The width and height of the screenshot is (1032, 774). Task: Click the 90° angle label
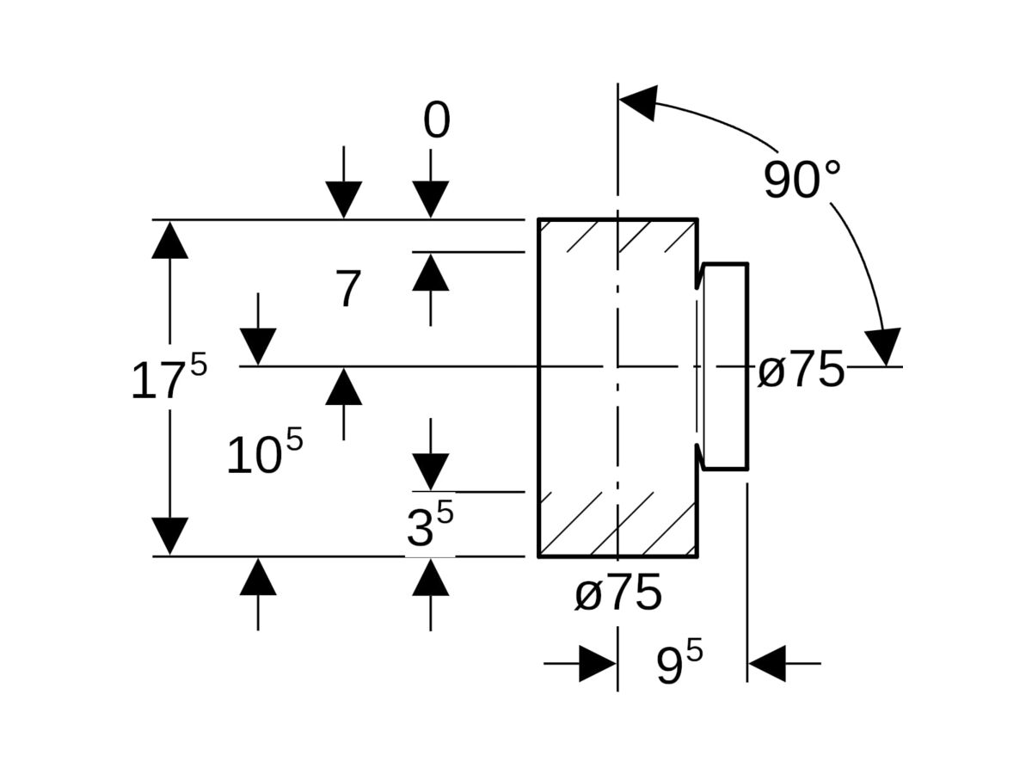coord(802,179)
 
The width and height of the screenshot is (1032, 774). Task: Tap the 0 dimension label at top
coord(436,120)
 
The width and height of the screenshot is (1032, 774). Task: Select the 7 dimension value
coord(348,288)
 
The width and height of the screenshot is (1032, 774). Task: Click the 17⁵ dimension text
coord(169,378)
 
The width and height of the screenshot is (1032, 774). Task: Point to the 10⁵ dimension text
coord(265,451)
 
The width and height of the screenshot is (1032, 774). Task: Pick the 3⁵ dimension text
coord(430,524)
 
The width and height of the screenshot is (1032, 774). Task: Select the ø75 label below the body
coord(617,593)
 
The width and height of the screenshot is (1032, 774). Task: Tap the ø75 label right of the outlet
coord(801,370)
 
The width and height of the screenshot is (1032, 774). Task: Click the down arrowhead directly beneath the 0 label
coord(431,200)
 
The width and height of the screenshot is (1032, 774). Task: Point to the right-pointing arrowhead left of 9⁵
coord(598,664)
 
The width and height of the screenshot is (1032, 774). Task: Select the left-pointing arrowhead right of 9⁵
coord(767,664)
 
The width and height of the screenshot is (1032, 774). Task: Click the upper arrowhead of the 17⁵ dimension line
coord(169,240)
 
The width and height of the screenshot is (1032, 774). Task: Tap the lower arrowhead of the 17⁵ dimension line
coord(169,536)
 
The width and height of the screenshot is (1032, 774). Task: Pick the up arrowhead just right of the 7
coord(431,272)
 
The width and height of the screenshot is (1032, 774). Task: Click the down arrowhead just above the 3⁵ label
coord(431,472)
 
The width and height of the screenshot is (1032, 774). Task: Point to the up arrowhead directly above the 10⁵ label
coord(344,386)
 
